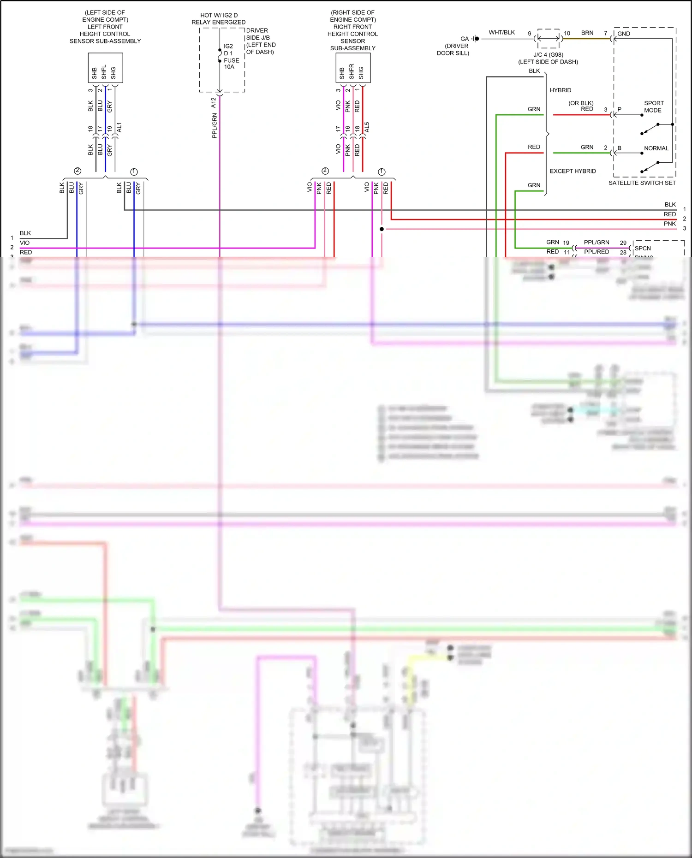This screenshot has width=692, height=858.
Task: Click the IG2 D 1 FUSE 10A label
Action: [231, 56]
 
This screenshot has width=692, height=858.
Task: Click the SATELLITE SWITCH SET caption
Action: [642, 183]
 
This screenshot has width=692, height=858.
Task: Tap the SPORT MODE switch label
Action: [653, 107]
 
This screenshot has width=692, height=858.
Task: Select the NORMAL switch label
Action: [656, 148]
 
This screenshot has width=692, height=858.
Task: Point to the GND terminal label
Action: [624, 34]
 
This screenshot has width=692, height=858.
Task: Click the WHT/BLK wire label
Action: [501, 32]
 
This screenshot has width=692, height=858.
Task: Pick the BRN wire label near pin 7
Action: [587, 33]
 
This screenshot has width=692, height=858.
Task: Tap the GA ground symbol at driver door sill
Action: [475, 39]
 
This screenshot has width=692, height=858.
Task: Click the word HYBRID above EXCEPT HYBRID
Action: [560, 90]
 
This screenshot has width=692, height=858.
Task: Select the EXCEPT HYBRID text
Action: [573, 171]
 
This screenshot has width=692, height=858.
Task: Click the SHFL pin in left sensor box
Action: [104, 71]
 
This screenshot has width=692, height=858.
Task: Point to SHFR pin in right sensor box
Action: [352, 71]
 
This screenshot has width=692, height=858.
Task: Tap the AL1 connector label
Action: [119, 128]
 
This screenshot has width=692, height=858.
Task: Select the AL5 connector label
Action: [367, 128]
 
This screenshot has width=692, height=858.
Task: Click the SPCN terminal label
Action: [642, 248]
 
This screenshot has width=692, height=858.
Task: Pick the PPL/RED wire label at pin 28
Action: [596, 252]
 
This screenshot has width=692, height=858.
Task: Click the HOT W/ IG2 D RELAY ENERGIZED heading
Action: [219, 19]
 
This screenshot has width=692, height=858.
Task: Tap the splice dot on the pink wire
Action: [382, 229]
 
